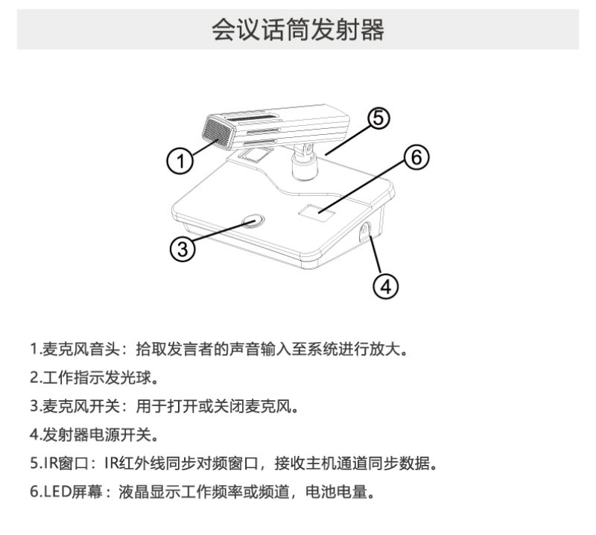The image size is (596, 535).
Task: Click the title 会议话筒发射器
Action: pyautogui.click(x=298, y=30)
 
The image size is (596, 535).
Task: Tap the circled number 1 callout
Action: pyautogui.click(x=177, y=159)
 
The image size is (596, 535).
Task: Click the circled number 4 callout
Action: pyautogui.click(x=385, y=285)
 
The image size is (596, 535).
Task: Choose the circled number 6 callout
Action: pyautogui.click(x=416, y=158)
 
